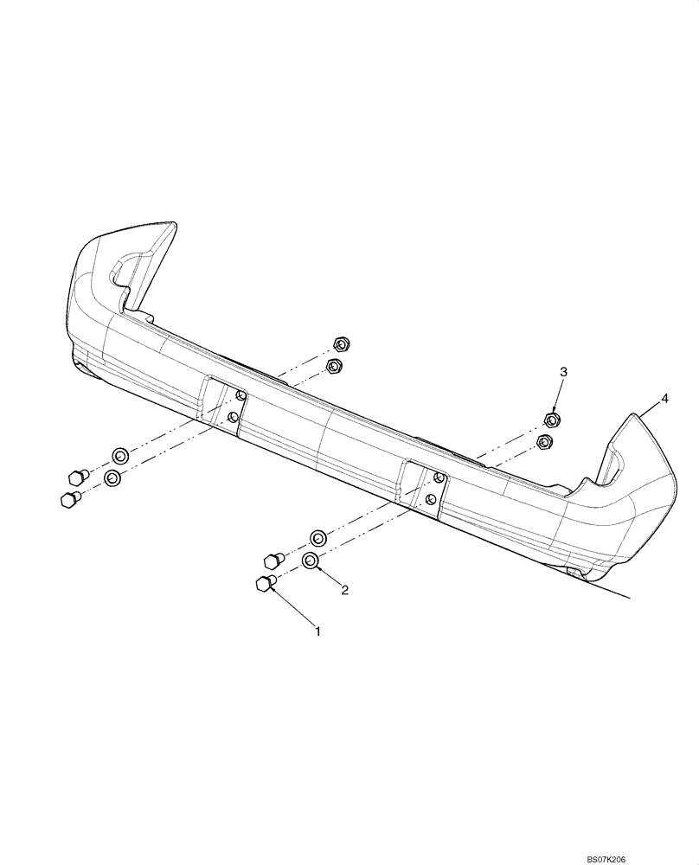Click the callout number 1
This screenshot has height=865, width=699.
pyautogui.click(x=317, y=631)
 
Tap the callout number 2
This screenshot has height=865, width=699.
pyautogui.click(x=344, y=591)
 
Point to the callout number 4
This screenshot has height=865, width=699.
pyautogui.click(x=664, y=398)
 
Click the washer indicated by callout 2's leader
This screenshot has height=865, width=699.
pyautogui.click(x=311, y=562)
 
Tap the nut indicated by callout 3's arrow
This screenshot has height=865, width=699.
pyautogui.click(x=550, y=421)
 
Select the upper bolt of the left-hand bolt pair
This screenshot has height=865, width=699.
pyautogui.click(x=77, y=476)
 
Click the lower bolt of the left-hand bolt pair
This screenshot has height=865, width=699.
pyautogui.click(x=68, y=499)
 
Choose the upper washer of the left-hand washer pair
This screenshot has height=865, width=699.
pyautogui.click(x=119, y=455)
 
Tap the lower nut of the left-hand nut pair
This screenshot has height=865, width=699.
pyautogui.click(x=334, y=367)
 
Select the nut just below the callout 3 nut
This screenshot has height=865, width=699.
pyautogui.click(x=544, y=444)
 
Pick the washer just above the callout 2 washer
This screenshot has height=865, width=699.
pyautogui.click(x=317, y=538)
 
